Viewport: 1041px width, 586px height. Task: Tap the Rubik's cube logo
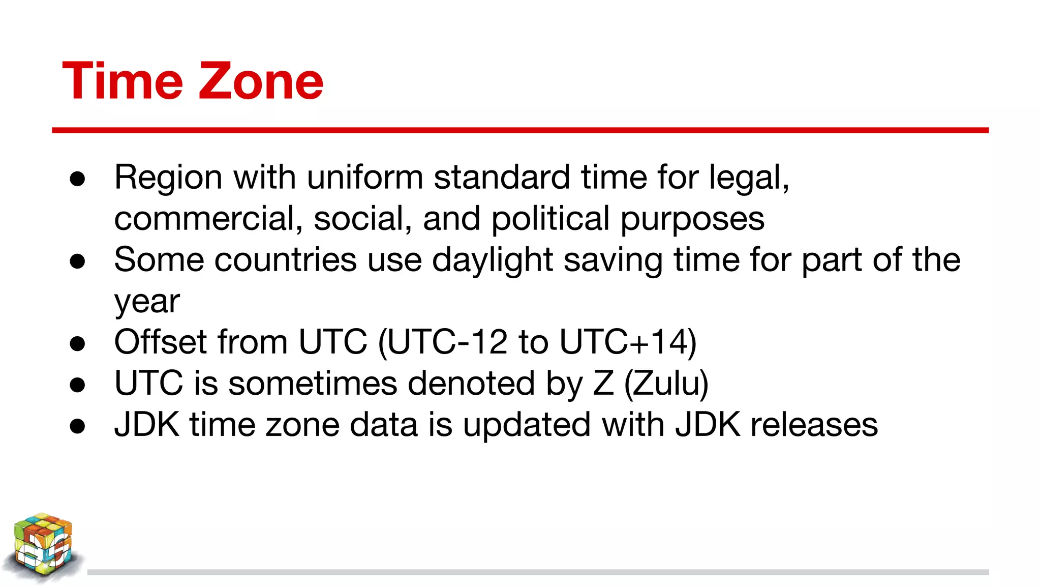pos(43,546)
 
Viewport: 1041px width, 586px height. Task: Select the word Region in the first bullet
pos(168,178)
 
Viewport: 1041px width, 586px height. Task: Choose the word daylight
pos(492,260)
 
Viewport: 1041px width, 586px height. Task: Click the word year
pos(147,302)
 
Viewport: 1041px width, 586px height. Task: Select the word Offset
pos(160,342)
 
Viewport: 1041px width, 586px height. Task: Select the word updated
pos(527,425)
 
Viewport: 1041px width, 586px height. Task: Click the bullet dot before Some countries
pos(78,261)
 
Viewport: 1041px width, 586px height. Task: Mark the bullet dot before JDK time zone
pos(78,426)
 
